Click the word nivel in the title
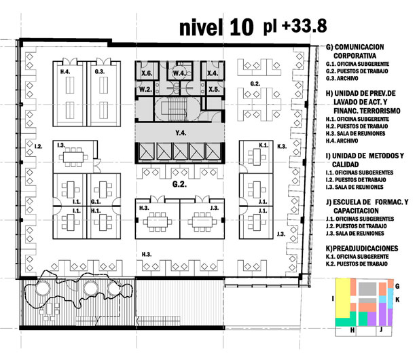point(201,27)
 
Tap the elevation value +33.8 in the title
point(304,26)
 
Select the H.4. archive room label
point(65,71)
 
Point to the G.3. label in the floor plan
point(100,71)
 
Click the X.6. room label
point(147,73)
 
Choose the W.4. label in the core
point(179,73)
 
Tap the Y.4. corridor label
point(181,132)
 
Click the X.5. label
point(214,90)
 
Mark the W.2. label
point(145,90)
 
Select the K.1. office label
point(264,145)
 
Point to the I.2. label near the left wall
point(38,146)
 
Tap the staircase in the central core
point(175,109)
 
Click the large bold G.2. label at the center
point(179,184)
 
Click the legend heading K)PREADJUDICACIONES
point(362,249)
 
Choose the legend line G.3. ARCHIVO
point(342,79)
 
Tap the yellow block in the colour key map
point(342,298)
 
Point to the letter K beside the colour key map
point(397,300)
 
